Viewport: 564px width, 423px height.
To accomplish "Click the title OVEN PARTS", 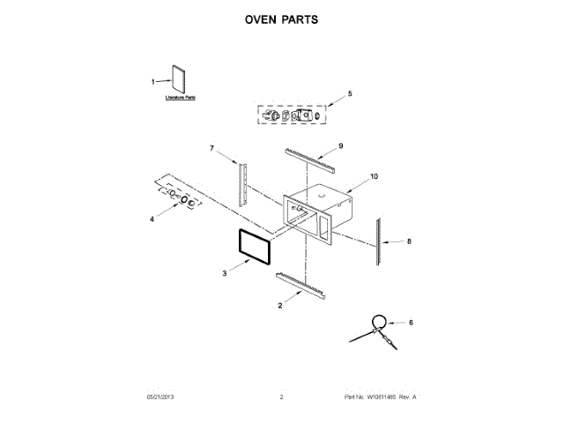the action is tap(281, 19).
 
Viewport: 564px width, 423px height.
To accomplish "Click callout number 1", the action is tap(152, 82).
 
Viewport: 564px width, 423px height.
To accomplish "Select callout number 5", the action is tap(349, 93).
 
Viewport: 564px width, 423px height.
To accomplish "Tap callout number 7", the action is tap(211, 149).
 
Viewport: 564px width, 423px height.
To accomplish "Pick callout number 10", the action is tap(374, 176).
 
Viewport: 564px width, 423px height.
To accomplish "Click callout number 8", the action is tap(409, 240).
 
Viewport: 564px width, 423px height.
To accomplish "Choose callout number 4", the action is tap(151, 219).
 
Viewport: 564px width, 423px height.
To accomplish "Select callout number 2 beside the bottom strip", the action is tap(279, 305).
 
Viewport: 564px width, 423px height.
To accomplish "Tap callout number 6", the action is tap(410, 323).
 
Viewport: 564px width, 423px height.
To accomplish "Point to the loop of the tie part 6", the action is tap(376, 321).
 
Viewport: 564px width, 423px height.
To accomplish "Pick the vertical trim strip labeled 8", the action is tap(379, 241).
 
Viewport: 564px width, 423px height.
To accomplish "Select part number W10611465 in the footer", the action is tap(379, 398).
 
